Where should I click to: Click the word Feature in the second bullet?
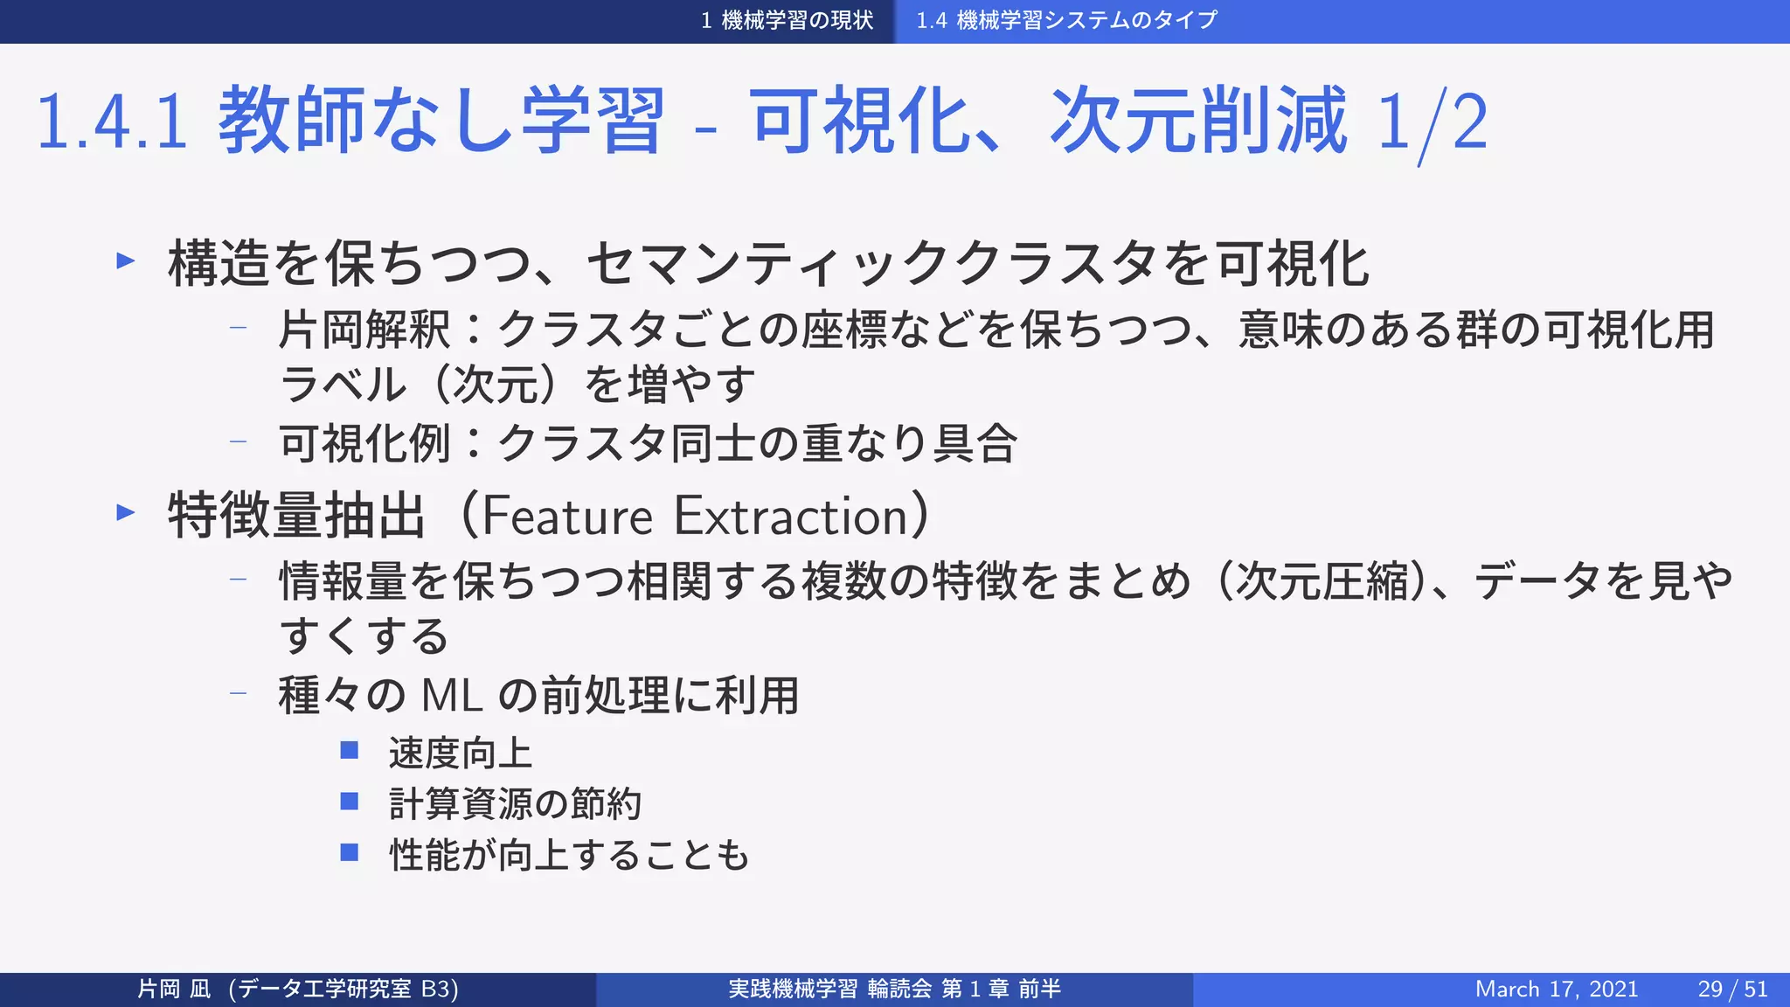coord(567,516)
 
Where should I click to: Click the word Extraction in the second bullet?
coord(792,516)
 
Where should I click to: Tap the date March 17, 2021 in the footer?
coord(1556,989)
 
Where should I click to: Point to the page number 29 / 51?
coord(1732,989)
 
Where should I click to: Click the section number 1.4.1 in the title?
coord(112,122)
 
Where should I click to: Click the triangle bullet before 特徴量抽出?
coord(126,512)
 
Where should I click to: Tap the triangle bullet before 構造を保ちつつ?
coord(126,260)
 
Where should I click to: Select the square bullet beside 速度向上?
coord(350,750)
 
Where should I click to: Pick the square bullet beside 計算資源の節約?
coord(350,801)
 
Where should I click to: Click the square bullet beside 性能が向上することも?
coord(350,851)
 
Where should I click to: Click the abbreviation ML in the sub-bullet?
coord(452,696)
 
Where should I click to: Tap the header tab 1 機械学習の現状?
coord(787,20)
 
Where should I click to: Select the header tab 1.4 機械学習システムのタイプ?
coord(1066,20)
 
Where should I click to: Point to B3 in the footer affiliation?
coord(436,989)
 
